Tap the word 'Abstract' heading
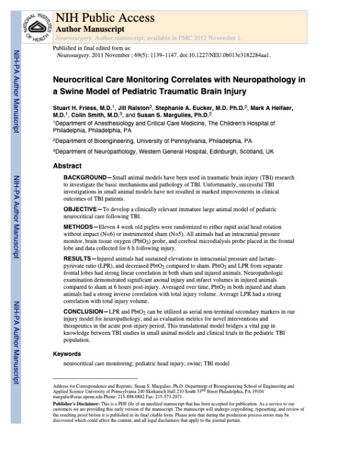pos(67,166)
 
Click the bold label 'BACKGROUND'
pos(84,178)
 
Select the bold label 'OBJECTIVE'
pos(83,209)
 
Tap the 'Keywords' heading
pos(67,354)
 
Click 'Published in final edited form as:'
pos(89,47)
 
